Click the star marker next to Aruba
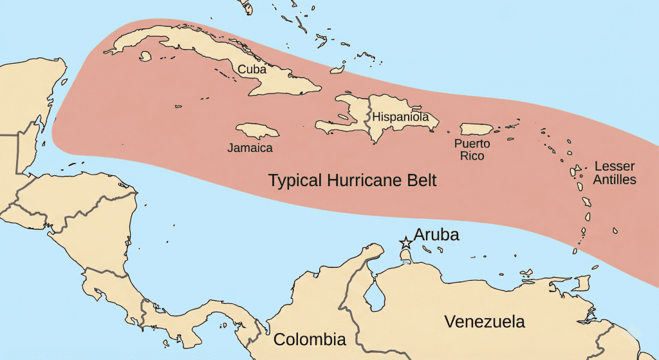[406, 243]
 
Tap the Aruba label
[436, 235]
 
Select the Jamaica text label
[250, 148]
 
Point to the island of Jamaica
[257, 131]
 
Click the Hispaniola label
[400, 117]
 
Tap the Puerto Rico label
[472, 149]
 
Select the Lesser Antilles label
[615, 173]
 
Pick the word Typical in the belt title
[296, 181]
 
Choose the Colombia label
[310, 339]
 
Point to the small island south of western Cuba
[145, 56]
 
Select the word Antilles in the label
[615, 180]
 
